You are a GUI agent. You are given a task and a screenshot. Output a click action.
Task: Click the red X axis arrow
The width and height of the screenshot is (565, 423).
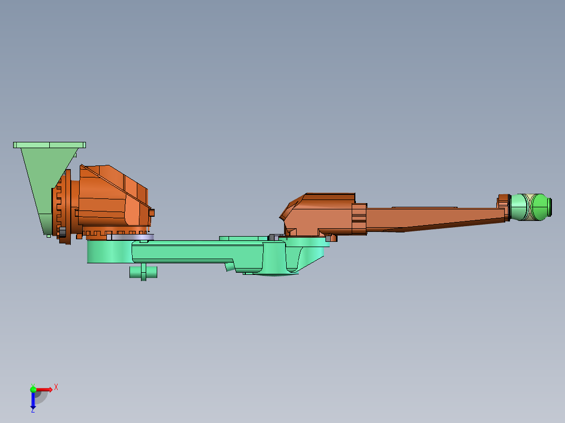click(x=44, y=389)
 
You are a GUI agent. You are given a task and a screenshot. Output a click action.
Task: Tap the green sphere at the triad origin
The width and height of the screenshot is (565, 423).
click(x=33, y=389)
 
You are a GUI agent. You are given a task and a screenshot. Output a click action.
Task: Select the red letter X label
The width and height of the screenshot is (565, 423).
click(x=56, y=387)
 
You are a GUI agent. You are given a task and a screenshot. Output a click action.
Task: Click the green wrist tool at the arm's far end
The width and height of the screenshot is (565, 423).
click(x=530, y=207)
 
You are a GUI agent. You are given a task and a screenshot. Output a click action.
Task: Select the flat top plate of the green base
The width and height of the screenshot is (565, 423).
click(x=49, y=144)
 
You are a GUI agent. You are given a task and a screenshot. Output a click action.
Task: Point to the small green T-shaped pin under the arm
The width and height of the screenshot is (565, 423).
click(x=143, y=272)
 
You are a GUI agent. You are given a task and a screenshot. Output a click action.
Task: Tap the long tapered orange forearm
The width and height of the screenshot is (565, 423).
click(x=435, y=217)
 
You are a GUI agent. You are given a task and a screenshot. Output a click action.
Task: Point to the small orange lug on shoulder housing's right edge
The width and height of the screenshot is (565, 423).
click(x=152, y=213)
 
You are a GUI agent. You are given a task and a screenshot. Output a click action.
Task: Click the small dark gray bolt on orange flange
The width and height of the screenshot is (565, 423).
click(x=62, y=231)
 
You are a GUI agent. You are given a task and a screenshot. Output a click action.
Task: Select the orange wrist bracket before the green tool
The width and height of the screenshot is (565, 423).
click(x=503, y=207)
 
